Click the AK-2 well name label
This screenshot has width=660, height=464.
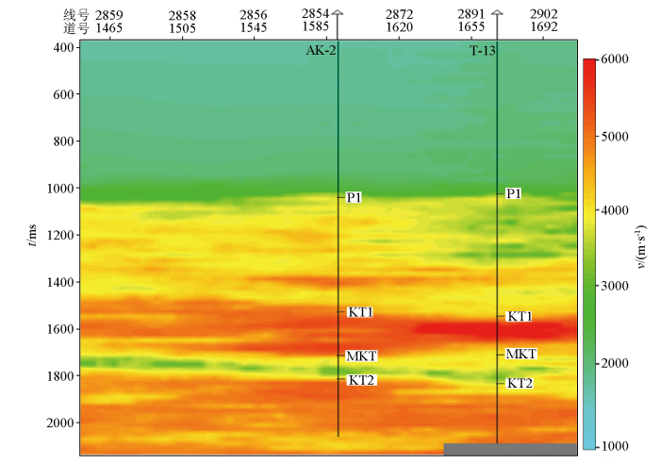(x=321, y=51)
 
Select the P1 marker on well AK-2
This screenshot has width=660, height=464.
(x=355, y=197)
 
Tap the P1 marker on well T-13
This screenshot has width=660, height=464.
(x=514, y=193)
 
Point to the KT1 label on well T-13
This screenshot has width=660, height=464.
(x=520, y=316)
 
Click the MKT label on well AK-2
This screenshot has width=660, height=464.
(x=362, y=356)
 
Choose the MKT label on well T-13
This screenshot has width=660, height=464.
(x=521, y=354)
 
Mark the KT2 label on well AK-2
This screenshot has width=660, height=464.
(x=361, y=380)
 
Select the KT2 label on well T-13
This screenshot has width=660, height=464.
(x=520, y=383)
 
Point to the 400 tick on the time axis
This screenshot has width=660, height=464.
(x=62, y=48)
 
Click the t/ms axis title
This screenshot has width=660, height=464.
(x=34, y=235)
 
